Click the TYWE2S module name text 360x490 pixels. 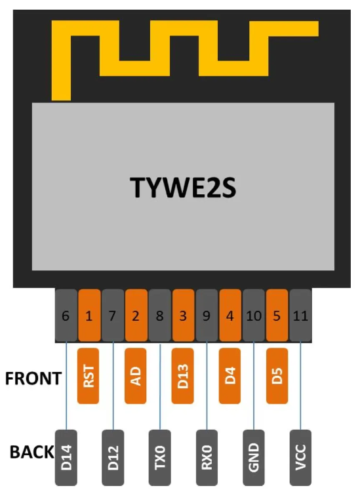click(x=183, y=187)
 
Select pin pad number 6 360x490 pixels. click(x=66, y=316)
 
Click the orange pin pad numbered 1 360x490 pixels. click(x=89, y=316)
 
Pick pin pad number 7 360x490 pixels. click(x=113, y=316)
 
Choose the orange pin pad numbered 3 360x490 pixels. click(x=183, y=316)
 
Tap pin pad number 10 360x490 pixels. click(x=254, y=316)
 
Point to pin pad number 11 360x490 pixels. click(x=300, y=316)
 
